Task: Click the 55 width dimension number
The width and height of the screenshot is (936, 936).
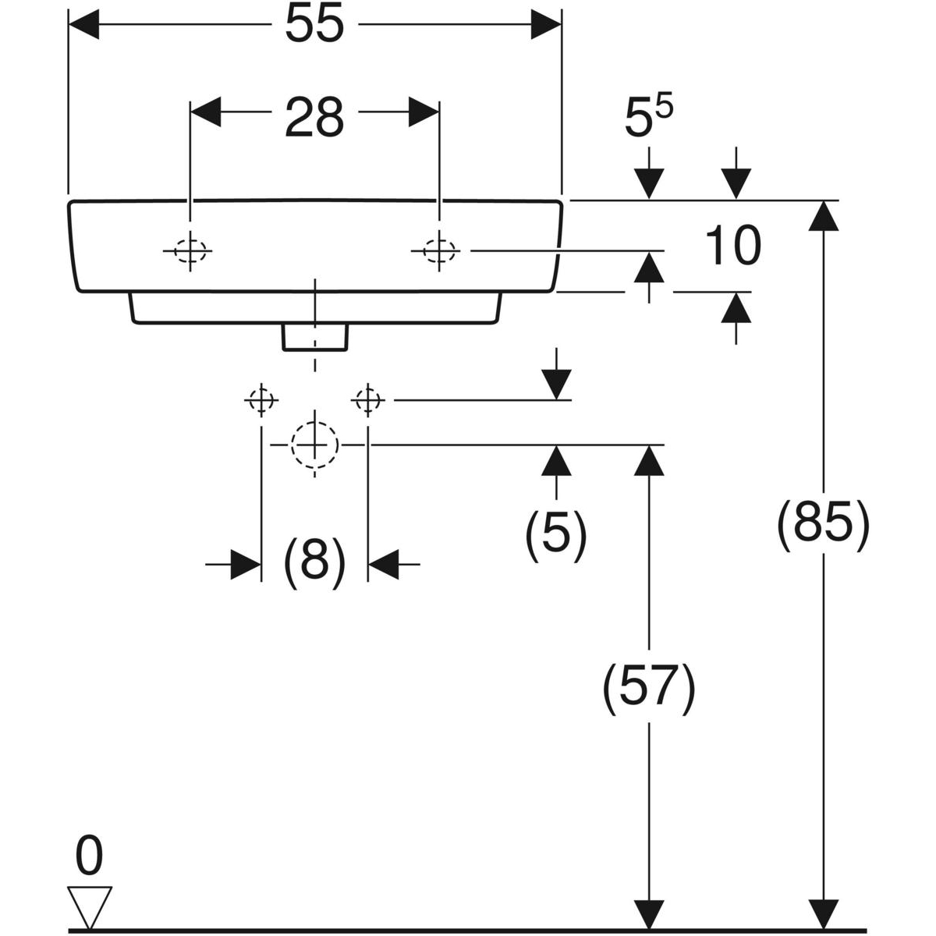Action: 314,25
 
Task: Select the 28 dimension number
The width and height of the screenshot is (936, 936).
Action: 314,118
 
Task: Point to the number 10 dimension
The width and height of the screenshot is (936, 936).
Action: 732,246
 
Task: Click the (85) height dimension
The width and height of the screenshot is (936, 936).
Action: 822,523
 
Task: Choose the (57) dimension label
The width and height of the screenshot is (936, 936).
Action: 649,688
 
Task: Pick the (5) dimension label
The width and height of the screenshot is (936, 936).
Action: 555,534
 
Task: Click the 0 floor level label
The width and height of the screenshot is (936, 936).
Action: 89,856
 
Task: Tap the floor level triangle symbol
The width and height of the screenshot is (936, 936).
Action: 90,906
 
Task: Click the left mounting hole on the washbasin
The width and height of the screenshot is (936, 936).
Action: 190,250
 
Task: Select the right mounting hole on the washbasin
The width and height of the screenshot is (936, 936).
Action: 439,250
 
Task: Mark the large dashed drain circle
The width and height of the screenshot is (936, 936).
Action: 314,445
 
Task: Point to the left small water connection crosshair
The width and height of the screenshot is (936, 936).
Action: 261,400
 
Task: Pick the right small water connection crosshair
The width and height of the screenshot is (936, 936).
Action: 367,400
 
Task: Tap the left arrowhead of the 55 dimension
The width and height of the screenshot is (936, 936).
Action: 85,25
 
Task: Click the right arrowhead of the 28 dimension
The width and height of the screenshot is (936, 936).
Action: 424,112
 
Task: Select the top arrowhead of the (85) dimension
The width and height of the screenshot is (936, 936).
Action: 823,215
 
